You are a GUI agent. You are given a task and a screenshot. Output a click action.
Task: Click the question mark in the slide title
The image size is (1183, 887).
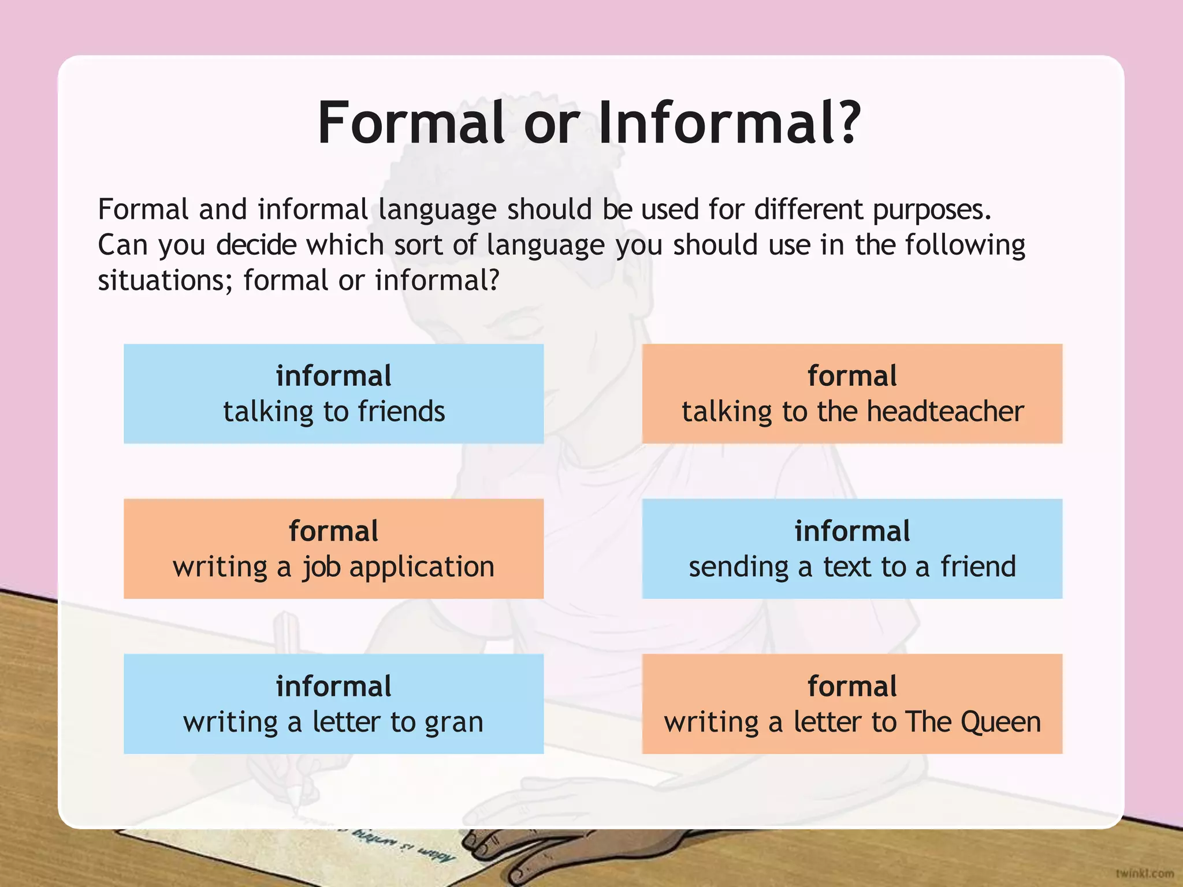coord(846,122)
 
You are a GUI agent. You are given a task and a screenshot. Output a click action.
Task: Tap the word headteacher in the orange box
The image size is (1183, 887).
coord(945,412)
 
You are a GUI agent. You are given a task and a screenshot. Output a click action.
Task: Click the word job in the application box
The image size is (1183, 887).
coord(322,568)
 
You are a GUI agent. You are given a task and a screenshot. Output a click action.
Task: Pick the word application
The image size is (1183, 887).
coord(422,568)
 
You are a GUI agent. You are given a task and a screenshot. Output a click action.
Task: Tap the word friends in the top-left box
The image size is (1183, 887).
coord(401,412)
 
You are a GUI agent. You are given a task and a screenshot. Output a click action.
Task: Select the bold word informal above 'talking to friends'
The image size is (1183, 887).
coord(334,376)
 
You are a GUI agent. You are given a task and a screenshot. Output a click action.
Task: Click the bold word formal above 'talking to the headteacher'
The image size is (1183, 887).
coord(852,376)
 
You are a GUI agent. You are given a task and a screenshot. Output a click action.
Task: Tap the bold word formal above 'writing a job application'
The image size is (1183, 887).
coord(334,531)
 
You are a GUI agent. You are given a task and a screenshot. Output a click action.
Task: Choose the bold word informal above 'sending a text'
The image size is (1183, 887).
coord(852,531)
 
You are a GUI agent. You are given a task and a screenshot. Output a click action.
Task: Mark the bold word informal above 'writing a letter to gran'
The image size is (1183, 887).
coord(334,687)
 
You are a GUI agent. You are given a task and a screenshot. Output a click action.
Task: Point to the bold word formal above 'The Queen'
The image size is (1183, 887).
coord(852,687)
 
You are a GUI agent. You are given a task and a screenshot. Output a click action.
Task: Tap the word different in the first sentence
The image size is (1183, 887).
coord(809,209)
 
